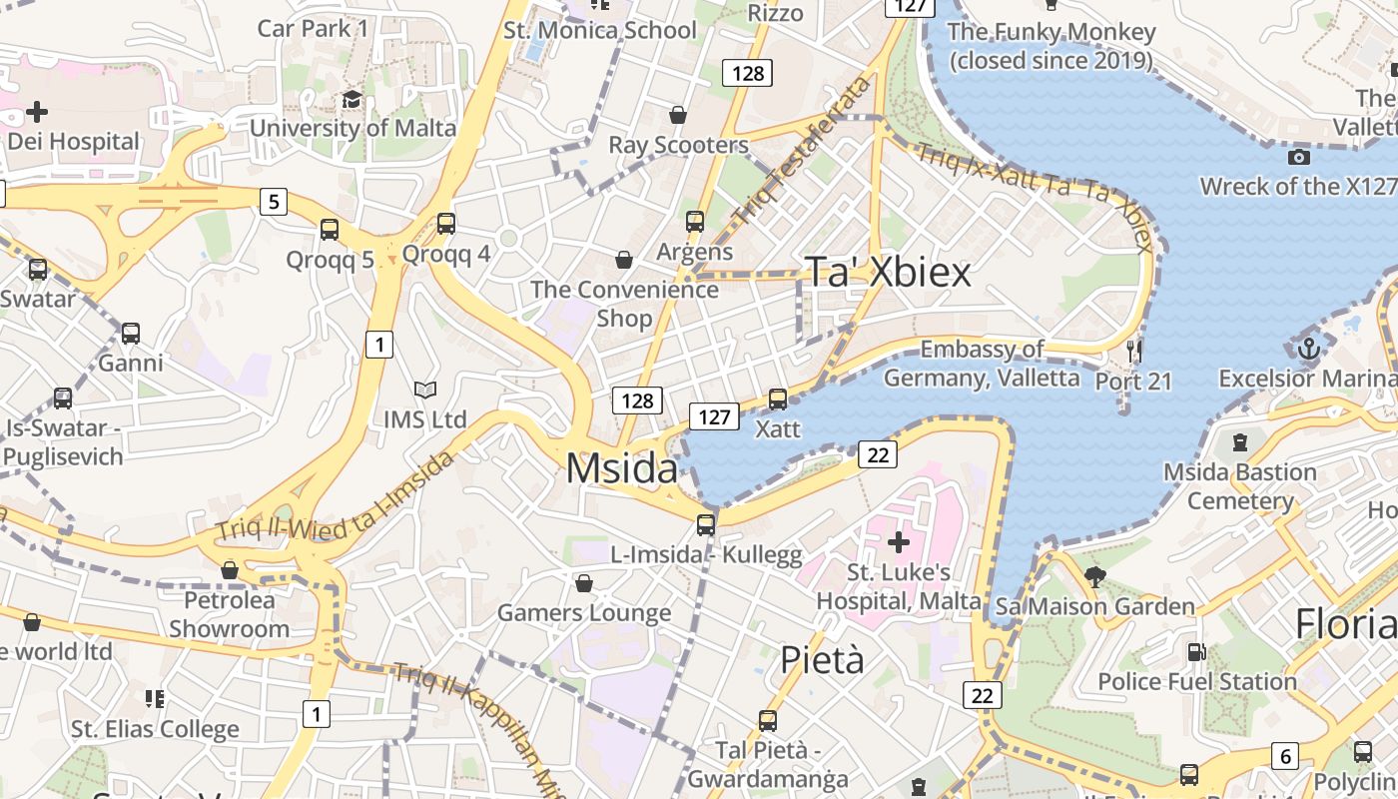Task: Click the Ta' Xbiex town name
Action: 888,272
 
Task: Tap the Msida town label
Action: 622,468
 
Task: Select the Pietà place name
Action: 822,660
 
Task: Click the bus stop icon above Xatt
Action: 778,399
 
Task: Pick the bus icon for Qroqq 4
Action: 446,224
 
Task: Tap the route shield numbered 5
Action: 274,202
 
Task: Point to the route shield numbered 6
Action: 1286,756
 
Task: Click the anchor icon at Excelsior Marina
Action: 1308,350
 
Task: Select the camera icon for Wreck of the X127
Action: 1299,157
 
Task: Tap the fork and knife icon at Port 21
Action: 1133,351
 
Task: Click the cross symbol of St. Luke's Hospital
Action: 899,542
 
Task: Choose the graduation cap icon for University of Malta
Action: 351,99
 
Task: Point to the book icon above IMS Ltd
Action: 425,390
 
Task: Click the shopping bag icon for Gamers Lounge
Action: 584,582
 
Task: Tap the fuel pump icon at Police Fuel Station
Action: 1196,652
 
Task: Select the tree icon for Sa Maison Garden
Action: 1095,576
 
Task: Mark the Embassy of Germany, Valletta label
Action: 982,364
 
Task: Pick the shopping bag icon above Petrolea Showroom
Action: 230,570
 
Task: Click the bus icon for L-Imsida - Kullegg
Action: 706,524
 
